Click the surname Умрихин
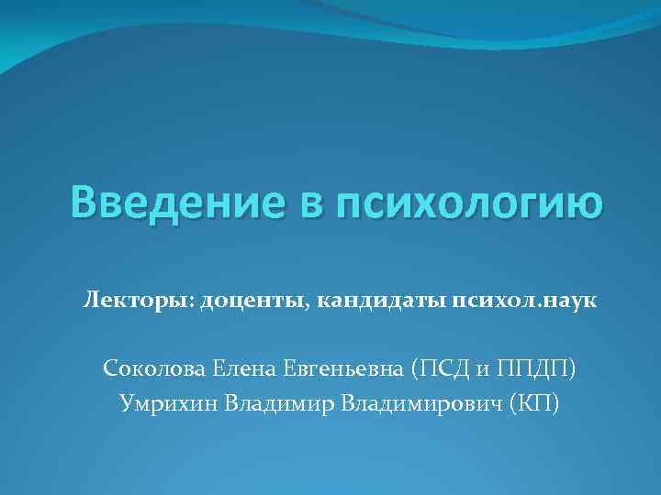tap(165, 404)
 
